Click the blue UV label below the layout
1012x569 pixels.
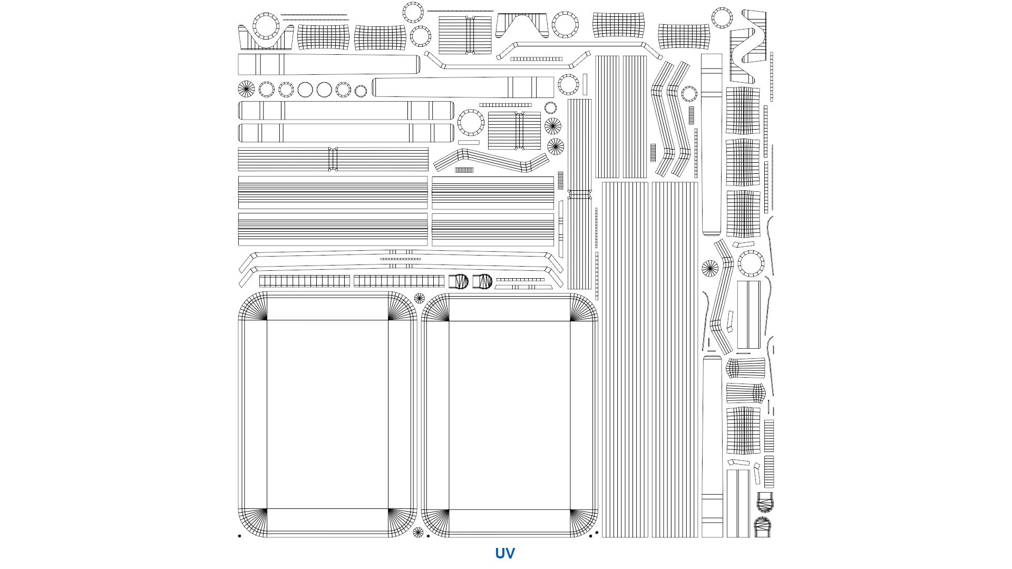coord(504,553)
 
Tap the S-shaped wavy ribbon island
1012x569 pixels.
coord(748,46)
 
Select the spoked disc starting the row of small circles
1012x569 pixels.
coord(246,89)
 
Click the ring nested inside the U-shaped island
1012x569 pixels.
coord(266,26)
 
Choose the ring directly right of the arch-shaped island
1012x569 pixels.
coord(565,25)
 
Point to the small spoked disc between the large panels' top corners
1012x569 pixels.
coord(419,299)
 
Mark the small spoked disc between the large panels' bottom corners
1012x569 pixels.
coord(418,532)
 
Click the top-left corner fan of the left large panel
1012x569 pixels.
coord(252,306)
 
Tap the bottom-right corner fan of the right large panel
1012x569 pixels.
coord(584,523)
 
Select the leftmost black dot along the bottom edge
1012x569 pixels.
coord(239,536)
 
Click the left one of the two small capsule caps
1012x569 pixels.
coord(459,281)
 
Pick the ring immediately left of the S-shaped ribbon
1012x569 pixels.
coord(722,18)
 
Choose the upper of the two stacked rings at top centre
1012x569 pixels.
coord(413,12)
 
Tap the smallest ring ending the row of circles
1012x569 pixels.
coord(361,91)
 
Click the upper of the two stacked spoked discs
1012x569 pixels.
coord(553,126)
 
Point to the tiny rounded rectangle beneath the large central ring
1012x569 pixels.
coord(469,142)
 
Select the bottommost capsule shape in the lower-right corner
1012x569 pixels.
coord(763,527)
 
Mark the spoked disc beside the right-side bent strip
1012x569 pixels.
coord(710,268)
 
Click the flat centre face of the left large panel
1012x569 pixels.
coord(327,415)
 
